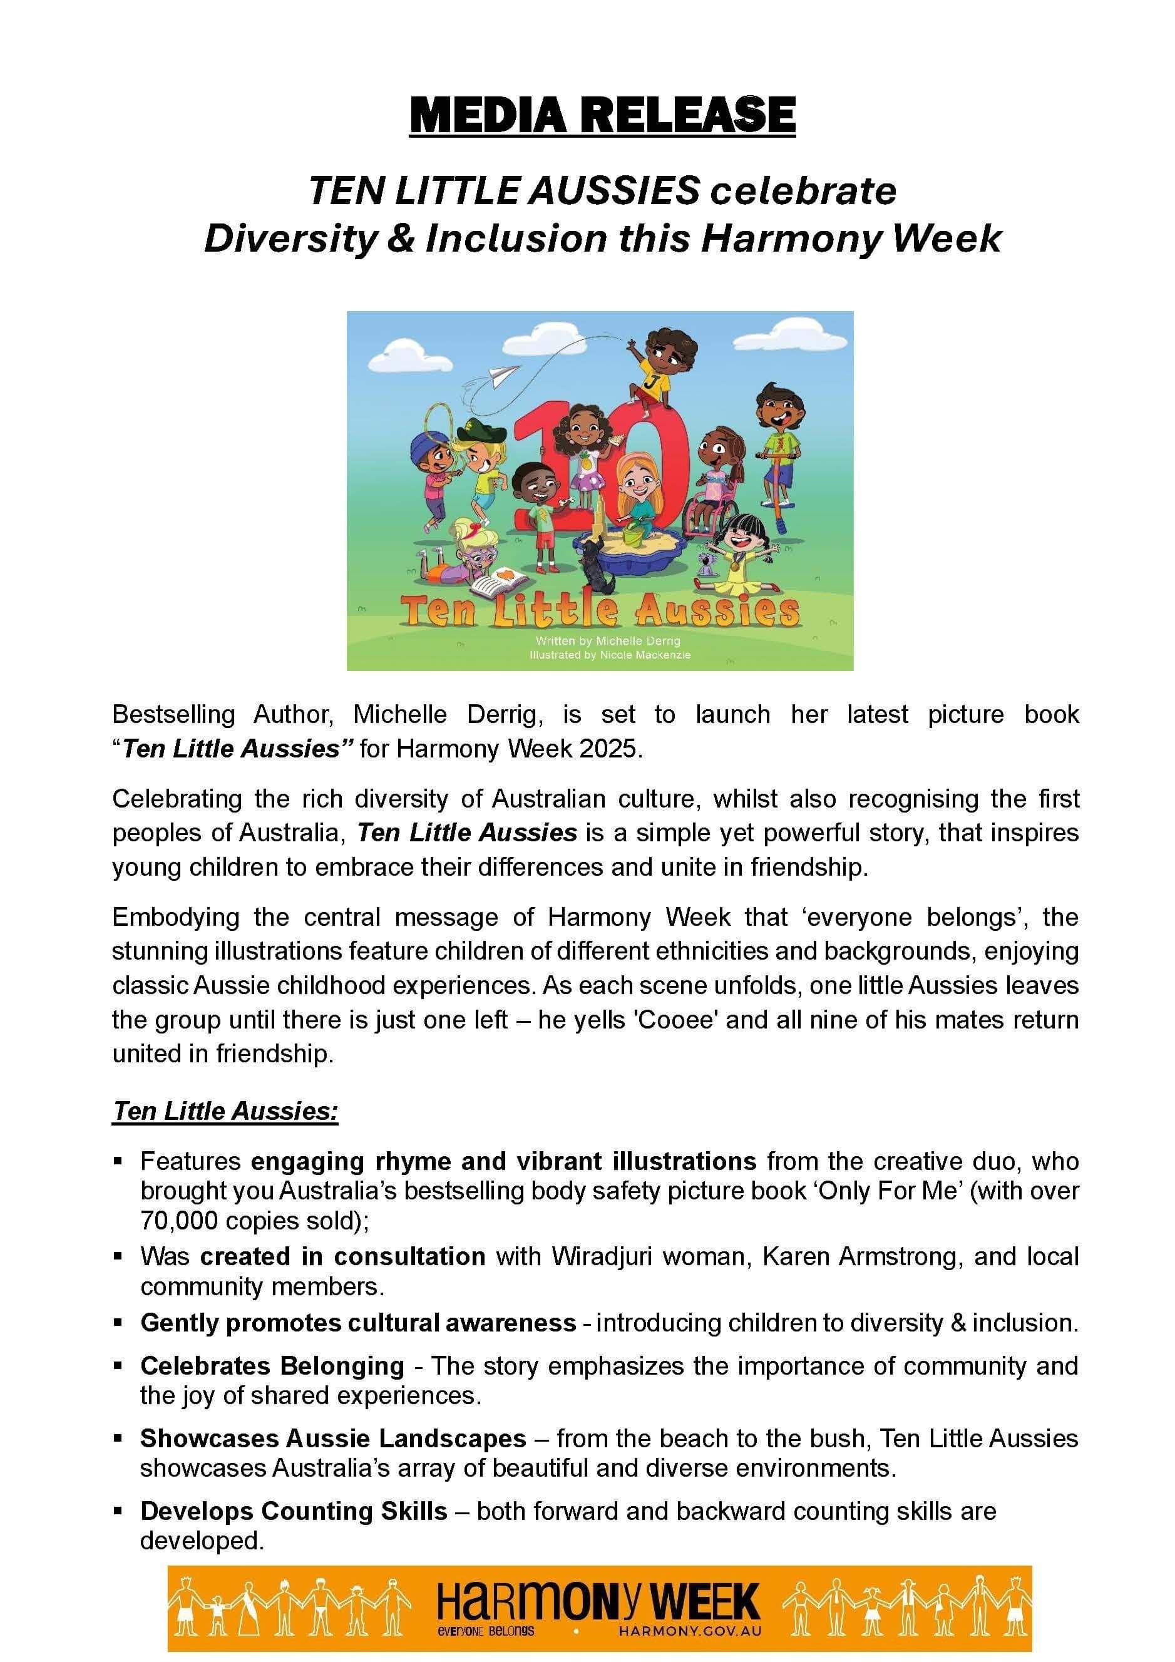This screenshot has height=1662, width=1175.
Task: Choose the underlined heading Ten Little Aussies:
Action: click(225, 1111)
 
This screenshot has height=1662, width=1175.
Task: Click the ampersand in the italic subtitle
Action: click(401, 239)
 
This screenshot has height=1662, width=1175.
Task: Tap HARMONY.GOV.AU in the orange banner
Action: click(689, 1631)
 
